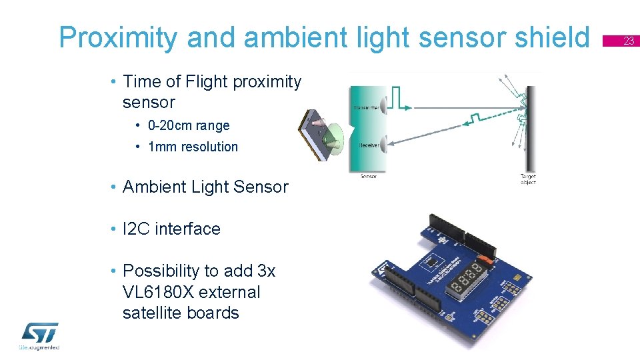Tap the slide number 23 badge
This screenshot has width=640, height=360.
(628, 42)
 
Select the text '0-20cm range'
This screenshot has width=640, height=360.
(189, 125)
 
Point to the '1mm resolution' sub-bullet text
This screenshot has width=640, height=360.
(193, 147)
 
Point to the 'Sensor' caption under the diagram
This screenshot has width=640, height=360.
(368, 177)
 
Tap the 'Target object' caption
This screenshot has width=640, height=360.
(528, 179)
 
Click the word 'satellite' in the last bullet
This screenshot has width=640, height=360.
(153, 313)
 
